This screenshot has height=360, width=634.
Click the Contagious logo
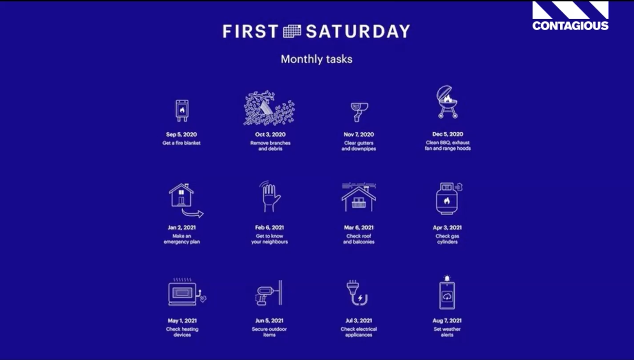pos(570,16)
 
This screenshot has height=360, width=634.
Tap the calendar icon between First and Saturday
pos(292,31)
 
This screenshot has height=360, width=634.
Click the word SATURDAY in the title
pos(358,31)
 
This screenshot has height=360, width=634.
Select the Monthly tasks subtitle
pos(317,59)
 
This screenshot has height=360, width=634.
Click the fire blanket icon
pos(182,111)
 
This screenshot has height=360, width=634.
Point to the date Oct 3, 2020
pos(270,134)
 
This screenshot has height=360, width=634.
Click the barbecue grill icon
pos(447,102)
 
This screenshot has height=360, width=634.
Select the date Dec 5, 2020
pos(448,134)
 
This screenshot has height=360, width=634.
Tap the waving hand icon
pos(270,197)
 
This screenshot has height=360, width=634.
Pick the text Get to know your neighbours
pos(270,239)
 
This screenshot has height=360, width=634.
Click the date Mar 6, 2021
pos(358,228)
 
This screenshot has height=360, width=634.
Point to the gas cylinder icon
pos(449,198)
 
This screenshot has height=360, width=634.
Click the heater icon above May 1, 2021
pos(187,292)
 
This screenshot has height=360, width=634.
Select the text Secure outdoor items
pos(269,332)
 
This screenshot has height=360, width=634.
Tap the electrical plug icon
pos(357,293)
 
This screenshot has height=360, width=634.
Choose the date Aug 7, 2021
pos(447,320)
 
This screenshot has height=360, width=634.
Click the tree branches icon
pos(269,108)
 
